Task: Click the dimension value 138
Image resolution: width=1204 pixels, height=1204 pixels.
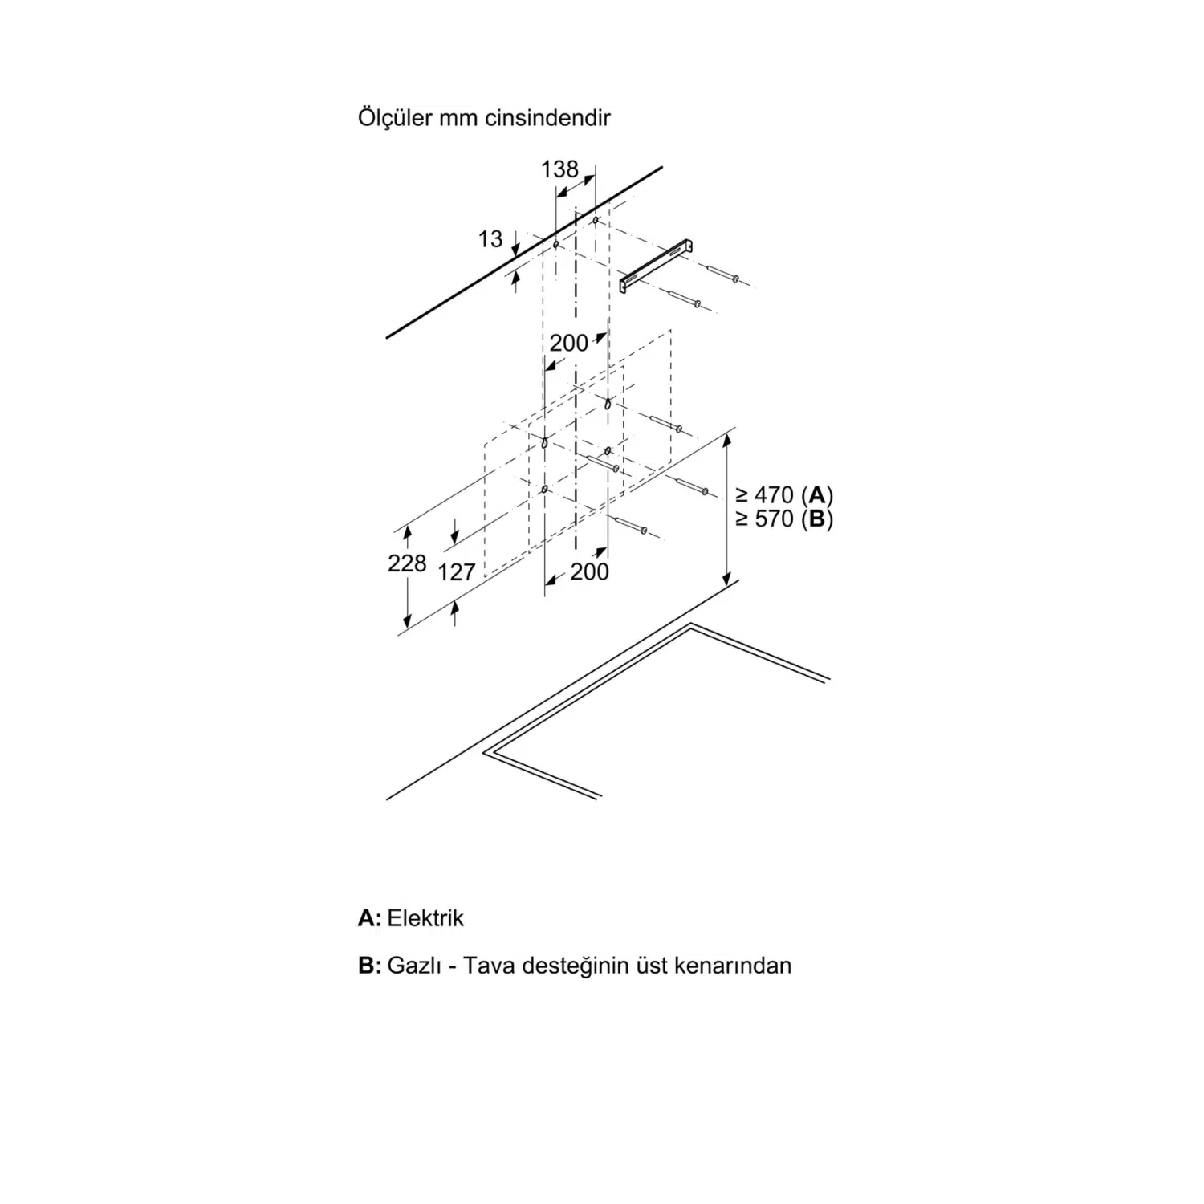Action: point(559,169)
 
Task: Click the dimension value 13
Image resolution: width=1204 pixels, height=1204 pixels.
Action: point(490,238)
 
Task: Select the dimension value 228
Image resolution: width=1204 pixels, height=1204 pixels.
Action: point(407,563)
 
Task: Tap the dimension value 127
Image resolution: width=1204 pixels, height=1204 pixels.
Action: point(458,571)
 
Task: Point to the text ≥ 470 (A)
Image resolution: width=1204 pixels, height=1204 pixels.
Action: point(784,494)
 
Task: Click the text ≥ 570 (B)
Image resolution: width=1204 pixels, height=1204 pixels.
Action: point(784,519)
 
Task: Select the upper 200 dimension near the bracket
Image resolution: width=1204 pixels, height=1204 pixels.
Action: point(569,343)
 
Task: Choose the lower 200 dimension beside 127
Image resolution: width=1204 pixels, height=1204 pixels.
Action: point(590,571)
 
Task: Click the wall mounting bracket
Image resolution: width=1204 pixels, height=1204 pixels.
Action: point(657,264)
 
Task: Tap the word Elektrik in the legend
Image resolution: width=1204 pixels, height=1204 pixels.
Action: point(425,918)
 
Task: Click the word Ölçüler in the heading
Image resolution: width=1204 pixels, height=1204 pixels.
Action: point(395,117)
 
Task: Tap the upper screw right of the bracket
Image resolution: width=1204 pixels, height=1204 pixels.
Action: point(723,274)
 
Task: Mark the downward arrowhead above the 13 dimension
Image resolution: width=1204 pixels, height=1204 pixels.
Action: point(515,251)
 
